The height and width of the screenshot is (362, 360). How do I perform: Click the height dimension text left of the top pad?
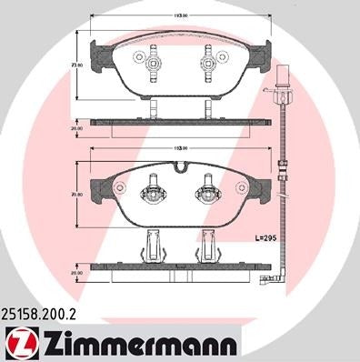(x=79, y=65)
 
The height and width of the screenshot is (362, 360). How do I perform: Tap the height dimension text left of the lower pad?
(x=79, y=194)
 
